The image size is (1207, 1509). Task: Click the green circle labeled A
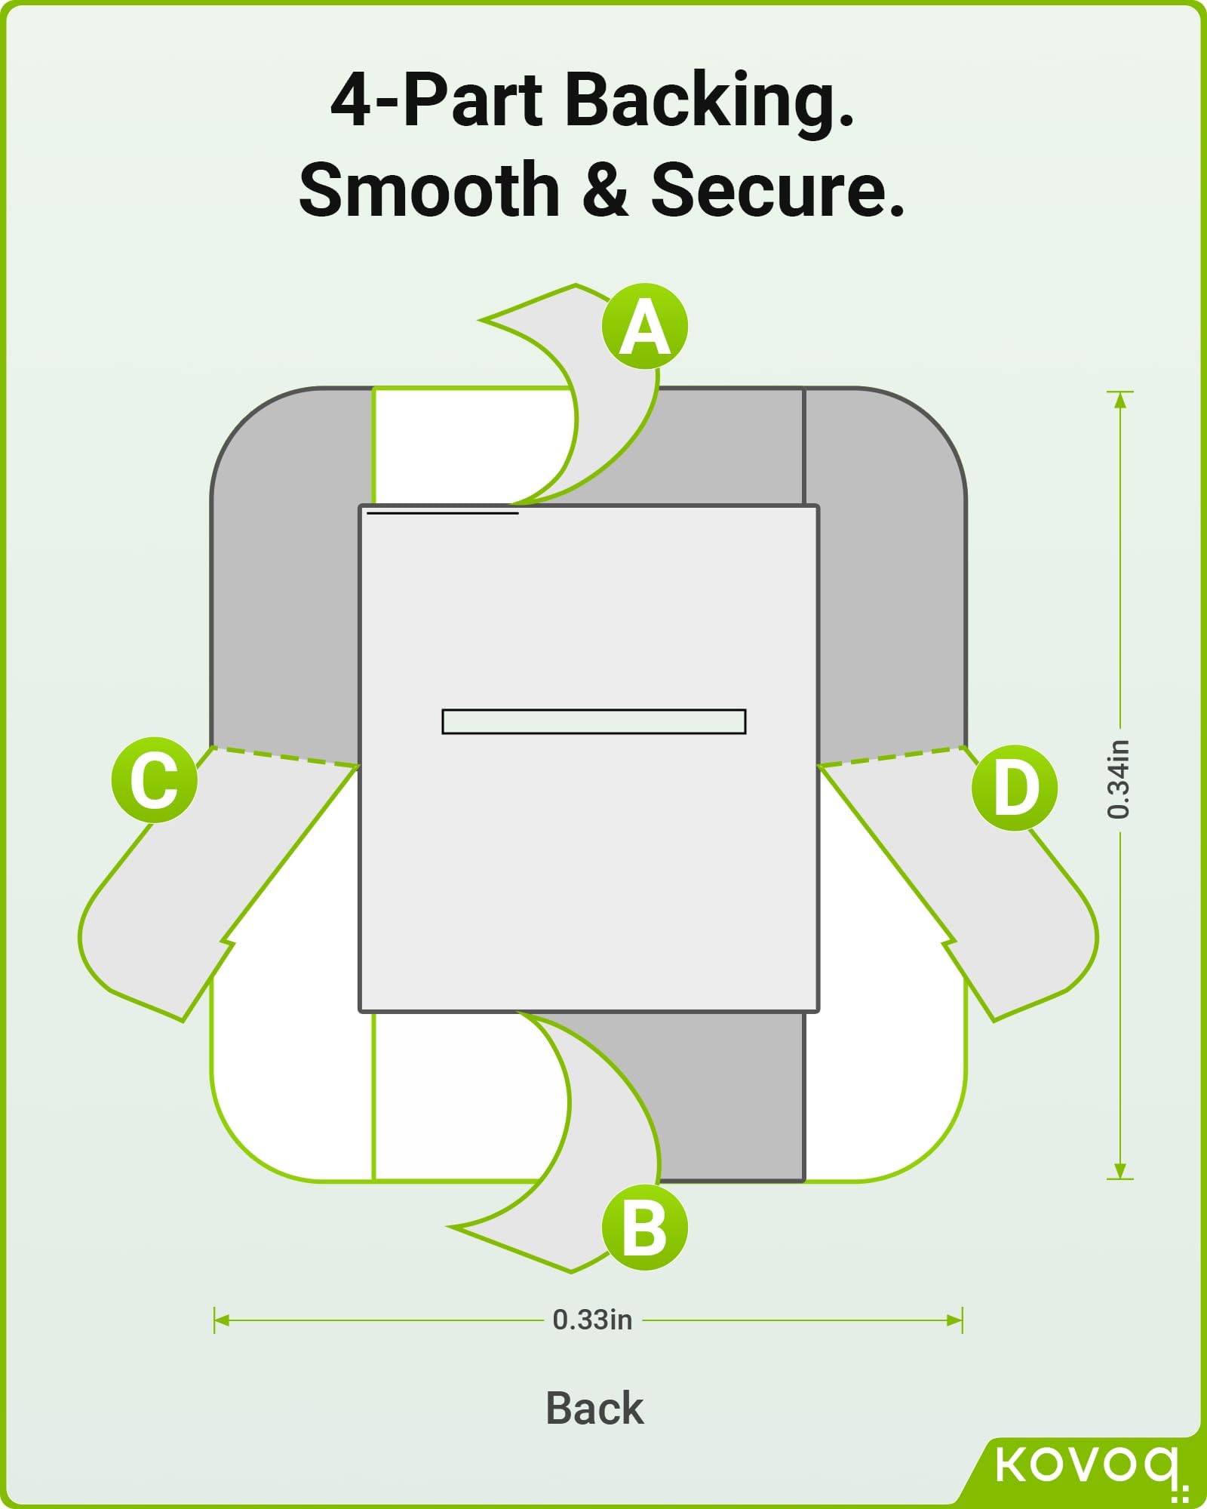[x=645, y=327]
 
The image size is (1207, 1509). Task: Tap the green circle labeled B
[x=645, y=1228]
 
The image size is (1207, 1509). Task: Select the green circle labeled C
[x=155, y=780]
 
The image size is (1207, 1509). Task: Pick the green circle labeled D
[x=1015, y=788]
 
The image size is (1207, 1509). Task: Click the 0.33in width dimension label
[x=592, y=1320]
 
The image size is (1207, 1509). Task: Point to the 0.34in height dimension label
[x=1119, y=779]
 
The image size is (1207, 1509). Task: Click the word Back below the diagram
[x=594, y=1408]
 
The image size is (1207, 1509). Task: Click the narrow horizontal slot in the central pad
[x=594, y=721]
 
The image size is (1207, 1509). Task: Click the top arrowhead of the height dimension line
[x=1120, y=399]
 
